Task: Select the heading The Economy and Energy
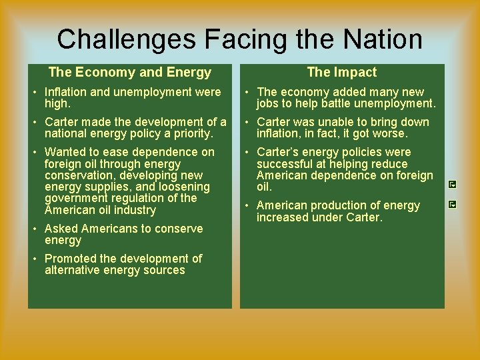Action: coord(130,72)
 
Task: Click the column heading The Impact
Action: coord(341,72)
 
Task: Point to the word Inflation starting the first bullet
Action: coord(65,92)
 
